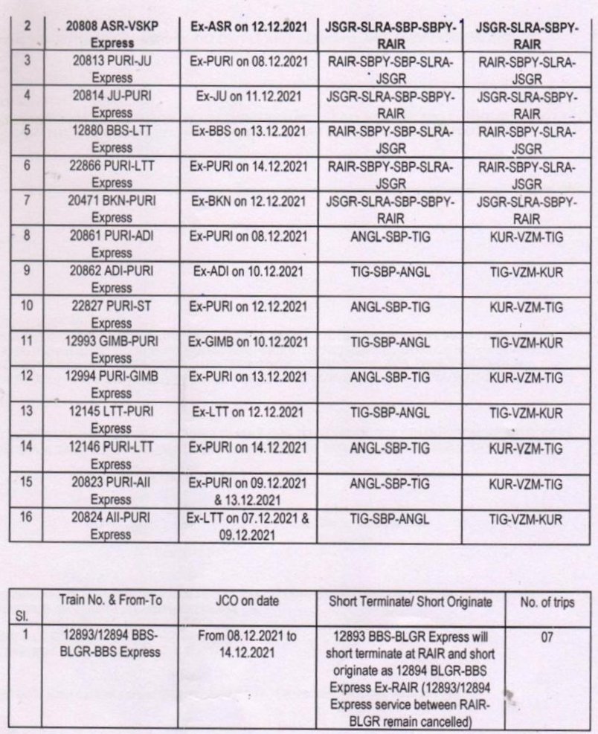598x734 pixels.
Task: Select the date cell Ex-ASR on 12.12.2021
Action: pos(248,27)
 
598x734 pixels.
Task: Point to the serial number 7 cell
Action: pos(27,201)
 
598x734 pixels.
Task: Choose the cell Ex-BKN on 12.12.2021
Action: pos(248,202)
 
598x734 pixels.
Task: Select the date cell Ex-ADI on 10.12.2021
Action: pos(248,272)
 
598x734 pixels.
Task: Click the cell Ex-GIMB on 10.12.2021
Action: pos(248,341)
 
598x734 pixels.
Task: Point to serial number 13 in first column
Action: pos(27,411)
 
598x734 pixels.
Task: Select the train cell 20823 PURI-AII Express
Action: pos(111,492)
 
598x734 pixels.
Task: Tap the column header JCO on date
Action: pos(248,602)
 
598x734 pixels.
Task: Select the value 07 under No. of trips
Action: pos(547,637)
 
